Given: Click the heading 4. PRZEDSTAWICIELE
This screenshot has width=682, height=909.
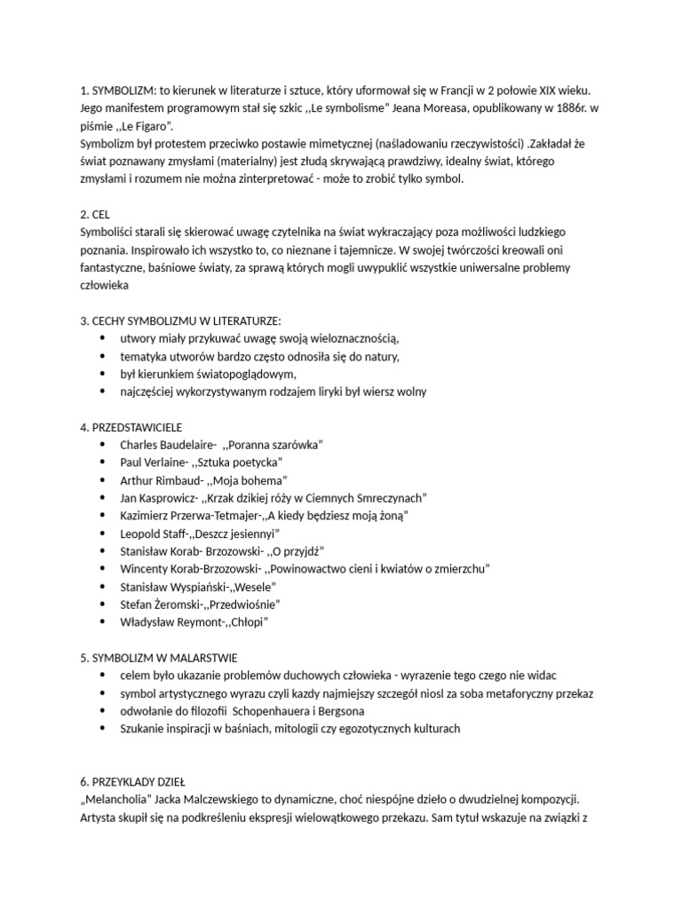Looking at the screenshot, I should pyautogui.click(x=131, y=427).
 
